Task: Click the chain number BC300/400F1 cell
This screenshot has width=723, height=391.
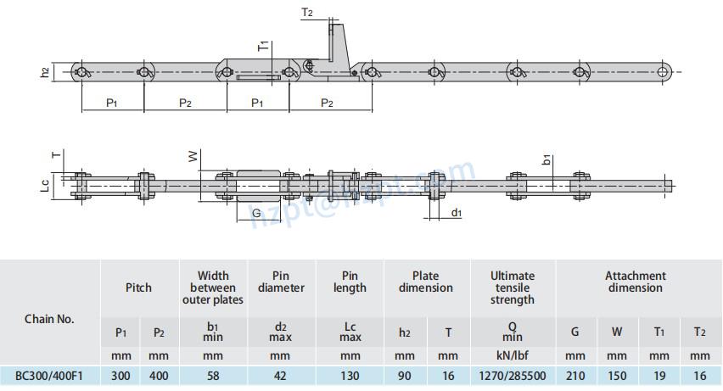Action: [49, 375]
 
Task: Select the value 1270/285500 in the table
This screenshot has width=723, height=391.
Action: [512, 375]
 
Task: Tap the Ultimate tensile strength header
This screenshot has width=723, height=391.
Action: [512, 288]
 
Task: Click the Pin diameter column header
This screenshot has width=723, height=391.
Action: [280, 282]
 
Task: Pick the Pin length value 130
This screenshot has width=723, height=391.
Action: [349, 375]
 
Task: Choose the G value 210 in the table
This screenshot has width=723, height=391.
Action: [574, 375]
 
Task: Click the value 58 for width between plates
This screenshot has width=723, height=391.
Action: [212, 375]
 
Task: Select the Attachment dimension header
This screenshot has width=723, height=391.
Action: [635, 282]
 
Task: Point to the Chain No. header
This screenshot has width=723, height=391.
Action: [49, 319]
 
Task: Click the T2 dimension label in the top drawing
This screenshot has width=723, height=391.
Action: [306, 13]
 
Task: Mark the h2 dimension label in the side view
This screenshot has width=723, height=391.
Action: [45, 73]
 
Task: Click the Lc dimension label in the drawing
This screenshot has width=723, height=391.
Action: [45, 184]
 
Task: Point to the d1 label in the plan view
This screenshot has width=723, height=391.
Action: [456, 212]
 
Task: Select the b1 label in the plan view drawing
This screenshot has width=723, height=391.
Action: [547, 159]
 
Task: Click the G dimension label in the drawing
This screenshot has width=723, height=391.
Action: [256, 214]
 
